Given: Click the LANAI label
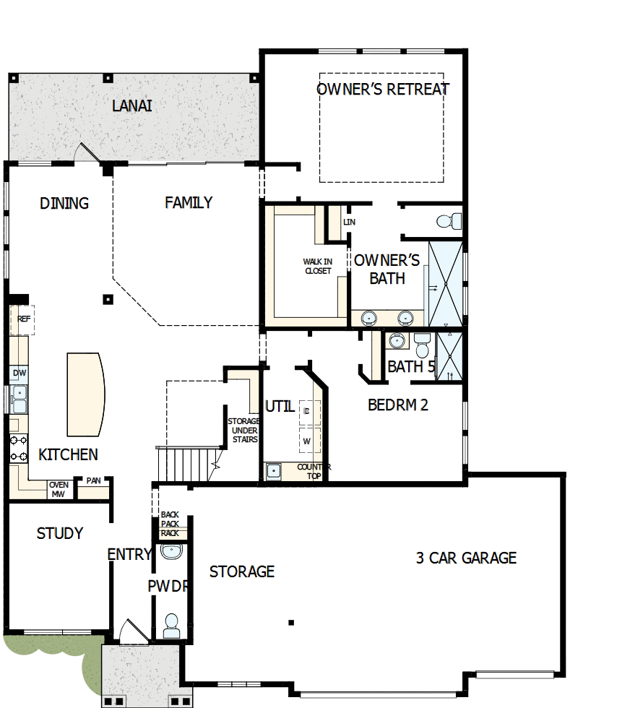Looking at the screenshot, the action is point(132,105).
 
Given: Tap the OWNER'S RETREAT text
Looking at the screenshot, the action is point(383,89).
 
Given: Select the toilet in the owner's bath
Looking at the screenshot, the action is point(449,221).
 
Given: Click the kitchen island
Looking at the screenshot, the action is point(86,394).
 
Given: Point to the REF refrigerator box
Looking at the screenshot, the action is point(22,319).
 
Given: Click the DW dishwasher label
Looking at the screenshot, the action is point(20,373).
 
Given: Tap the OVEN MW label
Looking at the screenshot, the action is point(59,490).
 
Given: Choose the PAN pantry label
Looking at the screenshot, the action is point(93,480).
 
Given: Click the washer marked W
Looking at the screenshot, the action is point(309,441).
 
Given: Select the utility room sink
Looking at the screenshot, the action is point(273,471).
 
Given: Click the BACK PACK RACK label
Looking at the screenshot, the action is point(170,524).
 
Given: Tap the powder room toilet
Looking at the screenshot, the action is point(171,626).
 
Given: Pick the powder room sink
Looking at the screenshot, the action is point(171,551).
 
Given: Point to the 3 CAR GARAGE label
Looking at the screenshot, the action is point(466,558).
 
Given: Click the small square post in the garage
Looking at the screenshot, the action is point(291,623).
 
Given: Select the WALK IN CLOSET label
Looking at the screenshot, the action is point(318,266).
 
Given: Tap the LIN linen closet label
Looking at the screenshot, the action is point(349,222).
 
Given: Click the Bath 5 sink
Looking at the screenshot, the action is point(397,340).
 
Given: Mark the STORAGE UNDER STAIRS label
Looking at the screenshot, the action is point(244,431).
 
